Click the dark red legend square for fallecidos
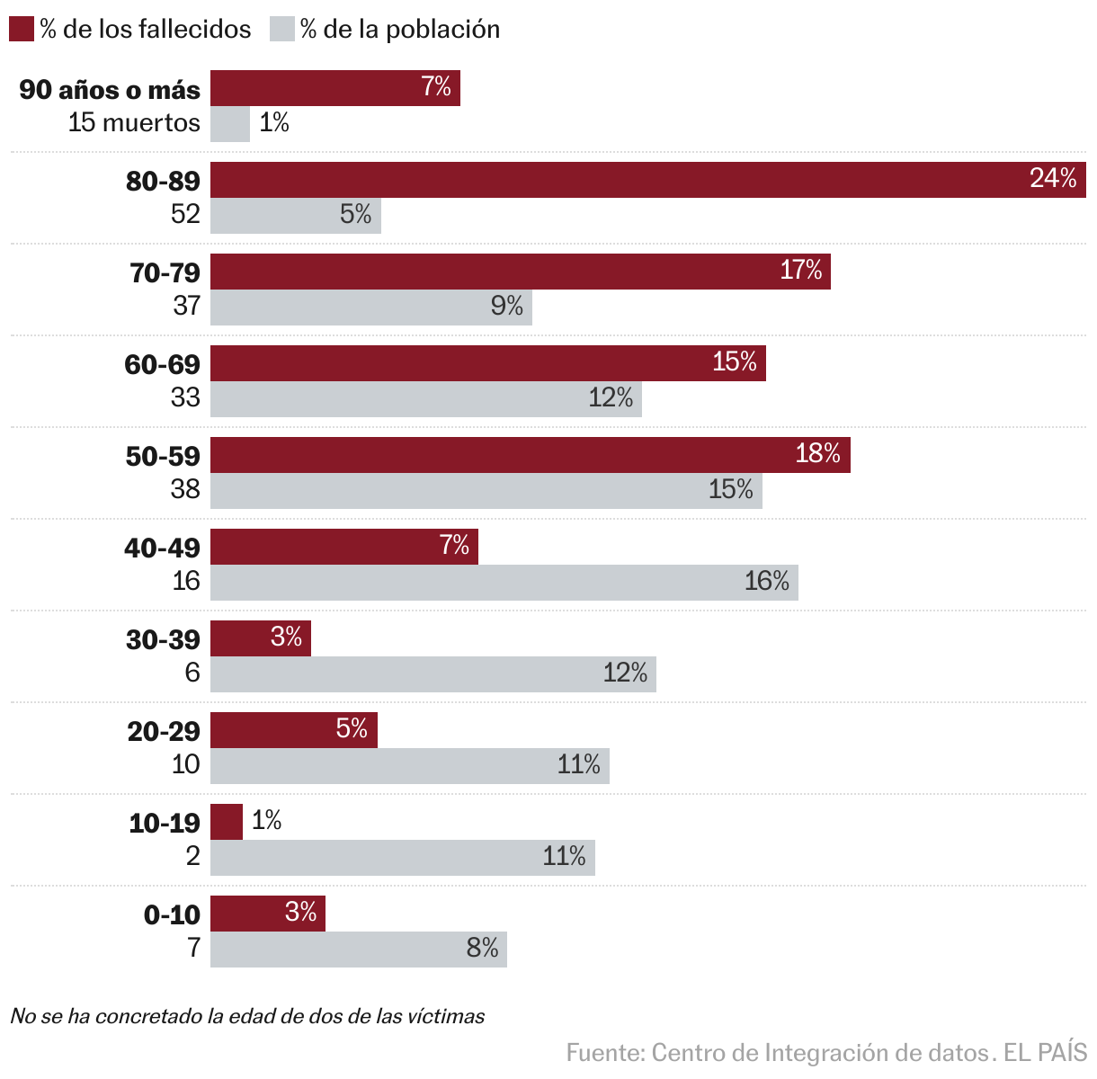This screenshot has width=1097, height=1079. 22,29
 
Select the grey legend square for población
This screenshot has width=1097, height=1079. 282,29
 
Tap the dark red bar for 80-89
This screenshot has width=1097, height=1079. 647,180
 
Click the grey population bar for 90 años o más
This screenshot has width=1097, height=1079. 230,124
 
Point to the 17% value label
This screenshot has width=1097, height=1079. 800,270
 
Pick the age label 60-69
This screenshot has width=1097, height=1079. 163,364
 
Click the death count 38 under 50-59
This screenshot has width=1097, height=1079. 185,488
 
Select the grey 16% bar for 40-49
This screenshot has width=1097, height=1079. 504,583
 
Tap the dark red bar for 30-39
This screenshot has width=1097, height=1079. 261,638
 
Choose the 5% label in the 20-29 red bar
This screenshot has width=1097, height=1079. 352,728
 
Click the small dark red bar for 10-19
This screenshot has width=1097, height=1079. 227,822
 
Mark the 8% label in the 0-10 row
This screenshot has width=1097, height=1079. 482,948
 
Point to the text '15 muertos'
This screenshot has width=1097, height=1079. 134,122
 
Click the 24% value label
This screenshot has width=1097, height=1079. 1053,178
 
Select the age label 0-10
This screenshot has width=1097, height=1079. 172,914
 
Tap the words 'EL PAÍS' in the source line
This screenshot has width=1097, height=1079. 1045,1052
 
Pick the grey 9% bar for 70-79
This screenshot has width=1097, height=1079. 370,308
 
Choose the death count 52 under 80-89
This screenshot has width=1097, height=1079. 185,213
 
